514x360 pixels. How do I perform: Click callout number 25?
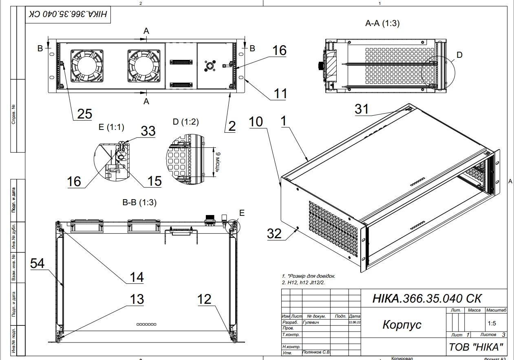[84, 114]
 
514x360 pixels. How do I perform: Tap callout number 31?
[362, 109]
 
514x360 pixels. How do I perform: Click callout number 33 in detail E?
[148, 131]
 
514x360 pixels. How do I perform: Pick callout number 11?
[280, 93]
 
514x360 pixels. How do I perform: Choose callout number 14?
[136, 277]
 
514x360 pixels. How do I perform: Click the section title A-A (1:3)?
[382, 24]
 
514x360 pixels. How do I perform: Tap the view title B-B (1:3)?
[139, 202]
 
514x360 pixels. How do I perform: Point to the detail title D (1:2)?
[186, 122]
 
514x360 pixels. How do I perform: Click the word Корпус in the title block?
[401, 325]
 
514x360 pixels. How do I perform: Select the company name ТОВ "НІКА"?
[476, 347]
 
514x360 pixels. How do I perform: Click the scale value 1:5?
[492, 324]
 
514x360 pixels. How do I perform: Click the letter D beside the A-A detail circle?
[459, 55]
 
